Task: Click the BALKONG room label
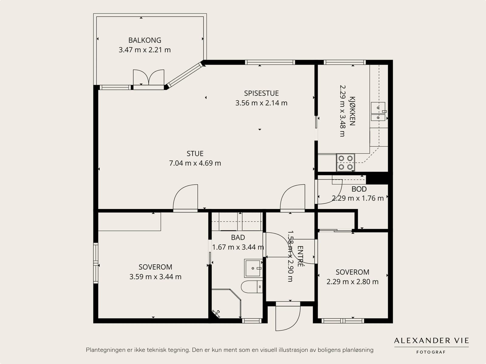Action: (x=145, y=40)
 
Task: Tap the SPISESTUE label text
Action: (x=261, y=93)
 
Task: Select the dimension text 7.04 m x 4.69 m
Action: (x=195, y=163)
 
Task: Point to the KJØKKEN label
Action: (x=352, y=111)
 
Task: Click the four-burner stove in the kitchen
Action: (x=346, y=163)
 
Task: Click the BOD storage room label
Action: (x=359, y=189)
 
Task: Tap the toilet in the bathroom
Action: (x=252, y=287)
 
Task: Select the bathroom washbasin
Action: (x=253, y=268)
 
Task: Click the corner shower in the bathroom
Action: (x=226, y=303)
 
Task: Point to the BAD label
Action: (x=238, y=238)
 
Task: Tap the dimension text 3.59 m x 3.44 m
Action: (x=155, y=277)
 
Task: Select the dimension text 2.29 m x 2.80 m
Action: (x=352, y=282)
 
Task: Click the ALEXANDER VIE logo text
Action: (x=431, y=341)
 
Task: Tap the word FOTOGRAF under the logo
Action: (x=431, y=352)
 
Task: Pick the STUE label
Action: (x=195, y=154)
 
